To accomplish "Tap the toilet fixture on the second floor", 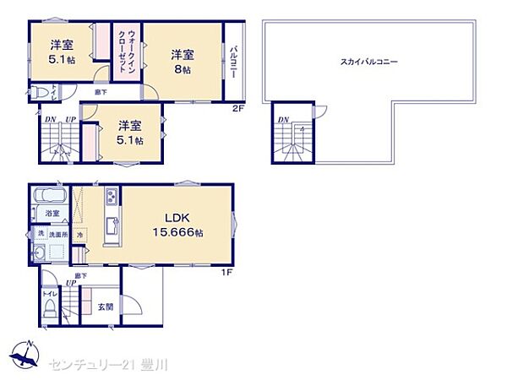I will (39, 93).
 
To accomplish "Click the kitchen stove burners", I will (111, 199).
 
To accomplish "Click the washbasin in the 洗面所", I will (40, 252).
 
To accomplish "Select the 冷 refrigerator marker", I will (79, 234).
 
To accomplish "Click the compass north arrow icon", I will (24, 351).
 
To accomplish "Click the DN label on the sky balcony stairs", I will (282, 120).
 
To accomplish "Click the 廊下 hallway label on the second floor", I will (101, 90).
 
